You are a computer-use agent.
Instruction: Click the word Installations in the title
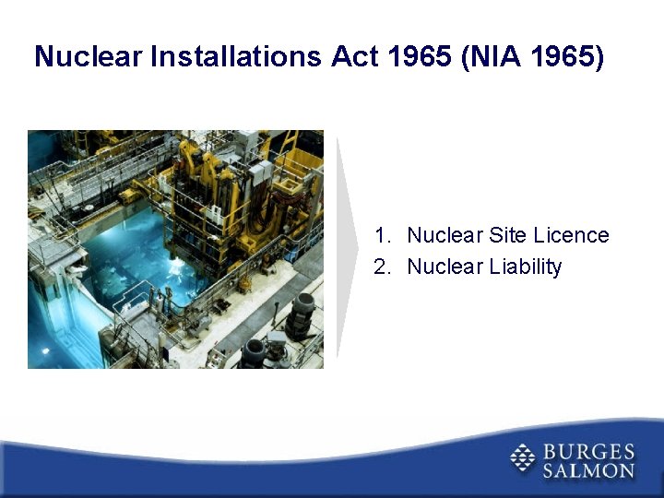(x=238, y=57)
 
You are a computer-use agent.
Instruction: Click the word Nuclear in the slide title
(x=89, y=57)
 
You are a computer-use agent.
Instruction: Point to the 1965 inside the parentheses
(x=568, y=57)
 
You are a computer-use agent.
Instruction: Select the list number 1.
(x=381, y=236)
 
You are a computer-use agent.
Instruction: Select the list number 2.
(x=381, y=267)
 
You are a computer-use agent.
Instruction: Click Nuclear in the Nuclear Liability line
(x=445, y=267)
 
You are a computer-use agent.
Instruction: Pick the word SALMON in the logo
(x=588, y=470)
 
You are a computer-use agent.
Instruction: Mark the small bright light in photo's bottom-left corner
(x=45, y=351)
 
